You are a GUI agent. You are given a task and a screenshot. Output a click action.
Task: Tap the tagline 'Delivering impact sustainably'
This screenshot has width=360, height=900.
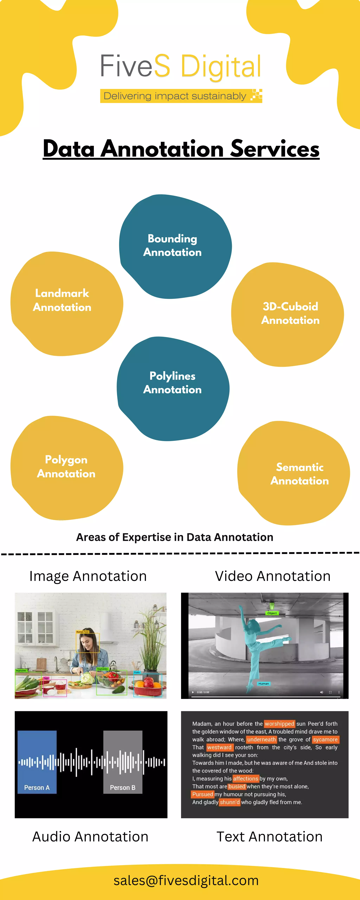point(175,96)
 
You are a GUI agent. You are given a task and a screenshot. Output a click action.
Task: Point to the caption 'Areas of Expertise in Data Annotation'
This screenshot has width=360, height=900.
point(175,537)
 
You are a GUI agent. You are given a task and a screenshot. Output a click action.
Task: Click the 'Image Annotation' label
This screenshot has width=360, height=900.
point(88,576)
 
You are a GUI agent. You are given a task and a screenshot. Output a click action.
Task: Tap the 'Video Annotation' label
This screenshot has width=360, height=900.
point(273,576)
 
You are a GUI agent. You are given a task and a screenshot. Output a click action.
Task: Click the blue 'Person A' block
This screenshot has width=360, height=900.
point(37,762)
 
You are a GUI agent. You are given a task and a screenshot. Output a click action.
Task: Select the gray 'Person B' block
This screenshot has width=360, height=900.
point(123,762)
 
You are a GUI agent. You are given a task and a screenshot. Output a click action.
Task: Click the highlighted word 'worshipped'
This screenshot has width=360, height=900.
point(279,724)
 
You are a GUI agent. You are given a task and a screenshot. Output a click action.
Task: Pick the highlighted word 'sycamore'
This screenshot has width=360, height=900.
point(325,739)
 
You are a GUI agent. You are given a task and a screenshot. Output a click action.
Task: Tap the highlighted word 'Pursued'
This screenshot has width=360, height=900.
point(202,794)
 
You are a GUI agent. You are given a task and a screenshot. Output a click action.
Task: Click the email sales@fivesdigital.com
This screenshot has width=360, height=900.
point(186,880)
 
